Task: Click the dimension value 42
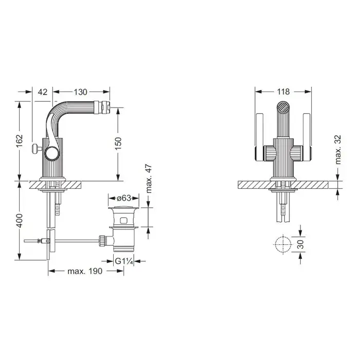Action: pos(43,92)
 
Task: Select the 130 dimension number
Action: pos(80,92)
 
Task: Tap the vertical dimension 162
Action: pos(20,141)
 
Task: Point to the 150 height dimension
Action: pos(118,143)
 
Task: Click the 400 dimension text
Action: pos(20,221)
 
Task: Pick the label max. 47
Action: pos(149,178)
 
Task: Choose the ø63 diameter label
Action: pos(124,197)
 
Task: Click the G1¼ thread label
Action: pos(124,261)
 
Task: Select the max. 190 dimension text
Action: pos(85,271)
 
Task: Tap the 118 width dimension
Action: pos(283,92)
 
